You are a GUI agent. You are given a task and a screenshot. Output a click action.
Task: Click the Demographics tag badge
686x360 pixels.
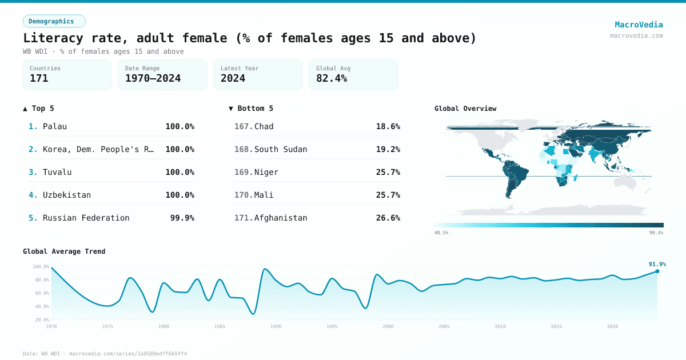click(54, 21)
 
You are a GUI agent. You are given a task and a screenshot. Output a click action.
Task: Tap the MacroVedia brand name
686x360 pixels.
click(639, 25)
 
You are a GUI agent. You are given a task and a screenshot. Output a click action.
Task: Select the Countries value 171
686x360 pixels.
click(39, 78)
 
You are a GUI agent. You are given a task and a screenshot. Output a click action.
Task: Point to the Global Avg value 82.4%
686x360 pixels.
click(332, 78)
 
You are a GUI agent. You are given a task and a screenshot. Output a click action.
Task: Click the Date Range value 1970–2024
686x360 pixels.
click(153, 78)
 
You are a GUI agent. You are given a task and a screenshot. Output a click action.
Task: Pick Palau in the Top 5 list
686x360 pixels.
click(55, 126)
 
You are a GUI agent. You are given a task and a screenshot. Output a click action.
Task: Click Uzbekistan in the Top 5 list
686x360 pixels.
click(67, 195)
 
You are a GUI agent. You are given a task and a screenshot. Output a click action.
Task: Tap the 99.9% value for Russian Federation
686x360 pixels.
click(182, 218)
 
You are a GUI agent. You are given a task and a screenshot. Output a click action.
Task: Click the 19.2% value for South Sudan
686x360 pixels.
click(388, 149)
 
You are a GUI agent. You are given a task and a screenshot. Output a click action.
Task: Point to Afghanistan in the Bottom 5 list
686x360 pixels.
click(281, 218)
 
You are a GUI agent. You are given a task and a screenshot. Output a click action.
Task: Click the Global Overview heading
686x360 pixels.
click(465, 109)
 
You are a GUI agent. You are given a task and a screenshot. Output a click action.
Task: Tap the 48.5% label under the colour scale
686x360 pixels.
click(441, 233)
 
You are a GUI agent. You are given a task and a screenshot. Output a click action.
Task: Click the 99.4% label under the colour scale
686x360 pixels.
click(656, 233)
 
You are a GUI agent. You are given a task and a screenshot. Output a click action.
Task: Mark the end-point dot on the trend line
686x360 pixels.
click(657, 271)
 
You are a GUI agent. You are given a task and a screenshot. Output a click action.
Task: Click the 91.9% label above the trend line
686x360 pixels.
click(657, 264)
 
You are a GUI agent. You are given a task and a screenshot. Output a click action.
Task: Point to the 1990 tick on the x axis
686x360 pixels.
click(276, 326)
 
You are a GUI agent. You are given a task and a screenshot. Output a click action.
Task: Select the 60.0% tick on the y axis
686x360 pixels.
click(41, 293)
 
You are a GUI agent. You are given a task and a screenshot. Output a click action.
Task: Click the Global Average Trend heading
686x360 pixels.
click(64, 251)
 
